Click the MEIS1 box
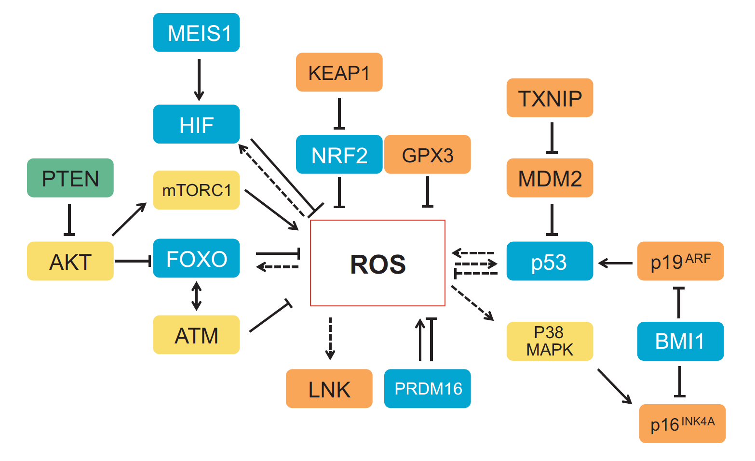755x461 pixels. (x=196, y=33)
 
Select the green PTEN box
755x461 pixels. (x=70, y=178)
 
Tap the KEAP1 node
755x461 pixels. (x=339, y=72)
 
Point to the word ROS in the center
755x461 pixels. (x=378, y=264)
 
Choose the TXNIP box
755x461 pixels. (x=550, y=98)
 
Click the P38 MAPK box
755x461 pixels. (x=550, y=341)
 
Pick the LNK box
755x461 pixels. (x=329, y=389)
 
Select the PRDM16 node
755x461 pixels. (x=428, y=389)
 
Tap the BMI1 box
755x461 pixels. (x=680, y=341)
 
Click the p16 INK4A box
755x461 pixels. (x=682, y=423)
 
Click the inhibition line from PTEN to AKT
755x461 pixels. (x=69, y=220)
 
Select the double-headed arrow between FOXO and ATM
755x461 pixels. (x=196, y=296)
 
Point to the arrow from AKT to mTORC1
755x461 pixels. (x=129, y=220)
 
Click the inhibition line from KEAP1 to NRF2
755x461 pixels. (x=339, y=114)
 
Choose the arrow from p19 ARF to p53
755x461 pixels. (x=615, y=263)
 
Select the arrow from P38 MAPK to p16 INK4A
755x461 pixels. (x=614, y=386)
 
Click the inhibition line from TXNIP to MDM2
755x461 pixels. (x=552, y=138)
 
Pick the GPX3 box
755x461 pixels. (x=428, y=155)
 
